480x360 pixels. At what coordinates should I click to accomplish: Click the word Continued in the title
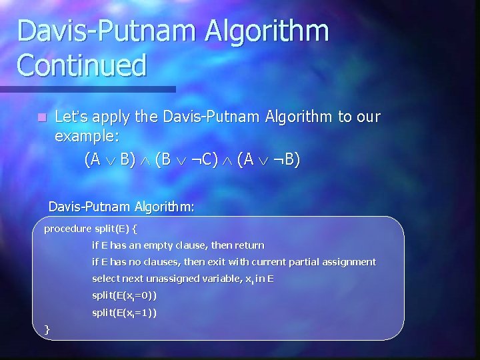82,65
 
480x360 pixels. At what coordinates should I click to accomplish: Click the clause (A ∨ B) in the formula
110,160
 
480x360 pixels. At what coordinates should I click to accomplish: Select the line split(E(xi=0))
124,295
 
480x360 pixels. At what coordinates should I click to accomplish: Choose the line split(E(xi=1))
124,313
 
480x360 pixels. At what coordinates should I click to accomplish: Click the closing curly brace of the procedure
47,329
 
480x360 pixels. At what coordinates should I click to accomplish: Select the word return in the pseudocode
249,245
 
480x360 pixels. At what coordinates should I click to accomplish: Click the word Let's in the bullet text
71,117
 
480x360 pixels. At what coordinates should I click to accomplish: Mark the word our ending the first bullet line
367,117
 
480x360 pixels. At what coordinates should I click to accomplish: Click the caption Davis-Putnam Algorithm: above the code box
121,207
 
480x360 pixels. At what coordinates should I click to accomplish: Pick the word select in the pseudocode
106,279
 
